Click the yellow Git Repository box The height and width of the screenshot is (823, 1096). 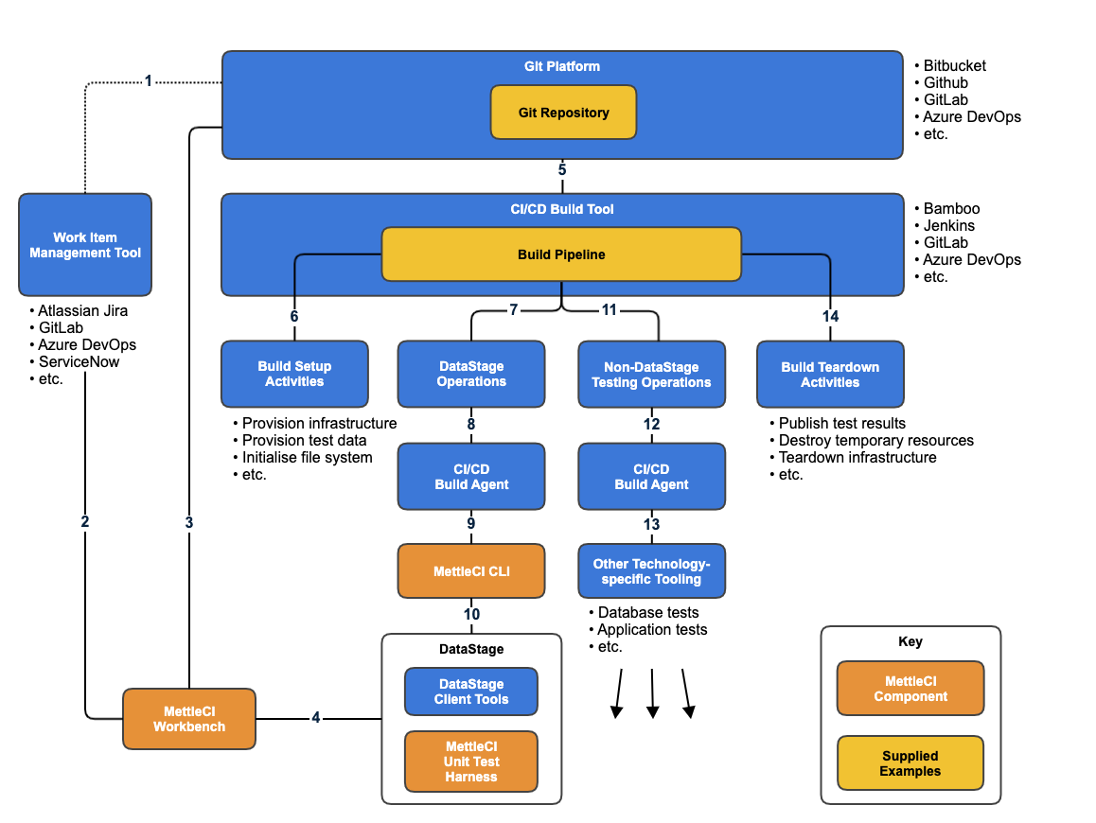point(563,113)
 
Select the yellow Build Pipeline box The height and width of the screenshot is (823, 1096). point(561,254)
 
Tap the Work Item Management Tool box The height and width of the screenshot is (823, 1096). point(85,245)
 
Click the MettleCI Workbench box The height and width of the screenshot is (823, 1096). point(189,719)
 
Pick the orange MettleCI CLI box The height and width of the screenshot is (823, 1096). point(471,571)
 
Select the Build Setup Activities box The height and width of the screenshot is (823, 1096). point(294,374)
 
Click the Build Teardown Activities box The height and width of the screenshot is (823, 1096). point(830,375)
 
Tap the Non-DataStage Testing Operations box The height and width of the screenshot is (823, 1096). point(651,375)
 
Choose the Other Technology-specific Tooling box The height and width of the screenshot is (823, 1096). point(651,571)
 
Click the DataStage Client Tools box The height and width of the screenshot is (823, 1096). point(471,692)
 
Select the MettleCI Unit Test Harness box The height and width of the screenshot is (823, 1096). point(471,762)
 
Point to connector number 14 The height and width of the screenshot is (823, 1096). point(830,316)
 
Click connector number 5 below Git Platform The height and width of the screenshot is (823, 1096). point(562,170)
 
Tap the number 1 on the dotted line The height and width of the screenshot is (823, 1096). point(148,81)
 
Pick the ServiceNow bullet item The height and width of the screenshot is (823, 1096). point(79,361)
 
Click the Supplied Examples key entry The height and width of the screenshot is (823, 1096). point(910,763)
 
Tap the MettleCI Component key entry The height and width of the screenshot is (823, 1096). point(910,689)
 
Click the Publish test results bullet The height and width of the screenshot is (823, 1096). point(841,424)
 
